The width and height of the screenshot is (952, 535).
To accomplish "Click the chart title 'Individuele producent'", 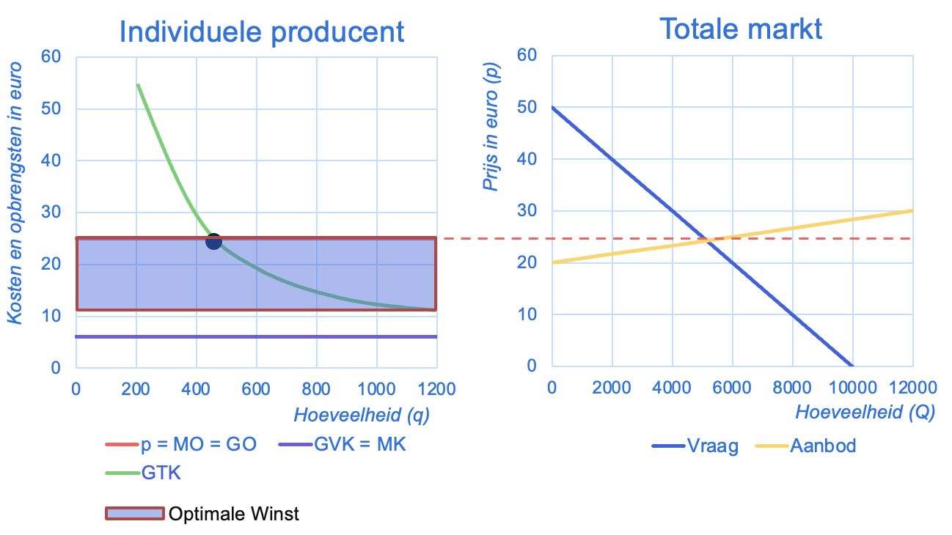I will [x=261, y=32].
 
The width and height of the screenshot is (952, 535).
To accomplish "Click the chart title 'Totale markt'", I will [x=741, y=29].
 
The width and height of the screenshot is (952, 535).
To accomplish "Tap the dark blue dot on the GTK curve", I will [x=213, y=241].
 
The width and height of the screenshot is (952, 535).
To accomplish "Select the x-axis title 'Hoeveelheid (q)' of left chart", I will [x=362, y=416].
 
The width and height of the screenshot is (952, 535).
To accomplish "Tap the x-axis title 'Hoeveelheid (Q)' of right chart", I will [x=865, y=413].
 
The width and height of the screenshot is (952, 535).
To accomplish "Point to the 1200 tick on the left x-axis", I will [x=436, y=388].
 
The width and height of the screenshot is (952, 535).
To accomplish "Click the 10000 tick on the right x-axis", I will [x=852, y=387].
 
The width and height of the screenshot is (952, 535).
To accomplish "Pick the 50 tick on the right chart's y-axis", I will [x=527, y=107].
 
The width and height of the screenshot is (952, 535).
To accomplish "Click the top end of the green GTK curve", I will [x=137, y=84].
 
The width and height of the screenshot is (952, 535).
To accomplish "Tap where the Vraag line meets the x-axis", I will [x=852, y=366].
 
